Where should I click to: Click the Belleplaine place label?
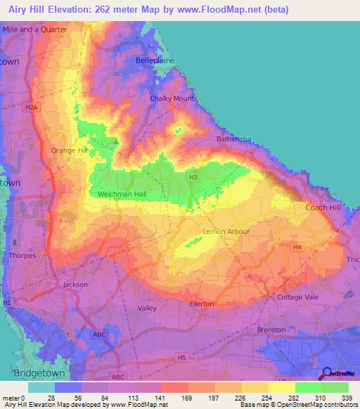pyautogui.click(x=154, y=61)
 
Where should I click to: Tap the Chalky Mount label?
pyautogui.click(x=172, y=98)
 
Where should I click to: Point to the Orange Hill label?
pyautogui.click(x=69, y=150)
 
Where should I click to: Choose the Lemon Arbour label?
pyautogui.click(x=226, y=231)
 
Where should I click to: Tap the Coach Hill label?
pyautogui.click(x=322, y=207)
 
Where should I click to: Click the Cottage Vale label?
pyautogui.click(x=299, y=297)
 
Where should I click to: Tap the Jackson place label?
pyautogui.click(x=75, y=285)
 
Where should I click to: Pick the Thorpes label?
pyautogui.click(x=22, y=256)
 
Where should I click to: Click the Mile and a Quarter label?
pyautogui.click(x=35, y=30)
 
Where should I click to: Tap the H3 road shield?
pyautogui.click(x=193, y=178)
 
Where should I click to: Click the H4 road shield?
pyautogui.click(x=297, y=247)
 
